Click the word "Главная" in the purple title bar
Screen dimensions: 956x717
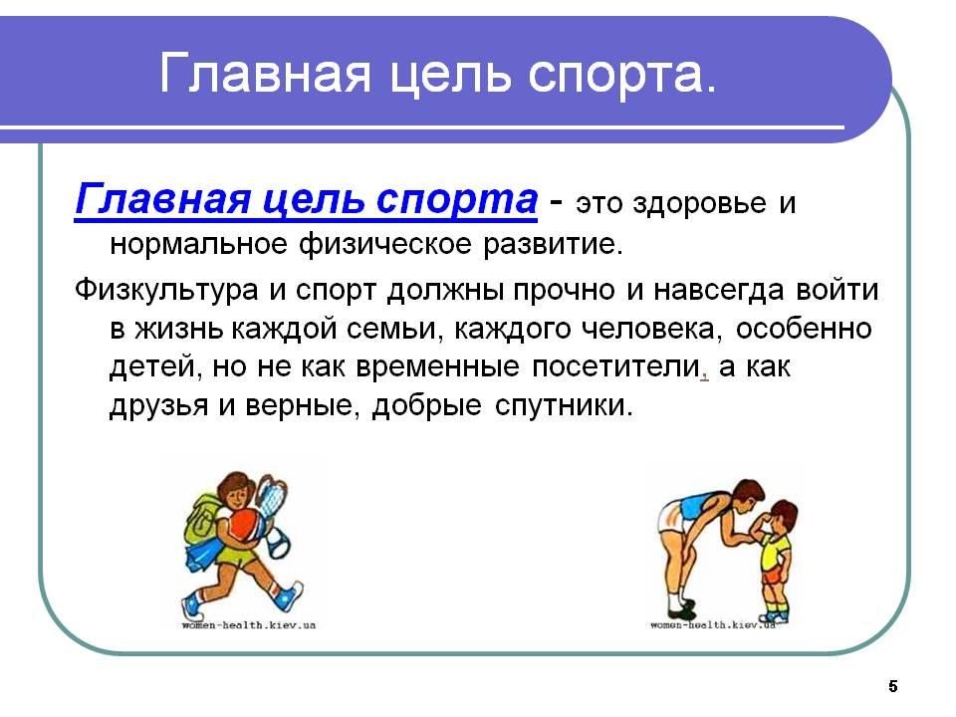(265, 73)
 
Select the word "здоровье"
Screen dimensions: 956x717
(699, 202)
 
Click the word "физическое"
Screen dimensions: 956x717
(385, 245)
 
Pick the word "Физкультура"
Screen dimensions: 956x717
(166, 290)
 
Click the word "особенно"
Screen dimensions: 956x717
(805, 329)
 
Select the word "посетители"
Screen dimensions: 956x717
(615, 367)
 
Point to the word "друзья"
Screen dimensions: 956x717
(159, 406)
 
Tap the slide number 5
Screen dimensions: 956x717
(892, 686)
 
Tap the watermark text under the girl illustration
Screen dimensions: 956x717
(249, 625)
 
